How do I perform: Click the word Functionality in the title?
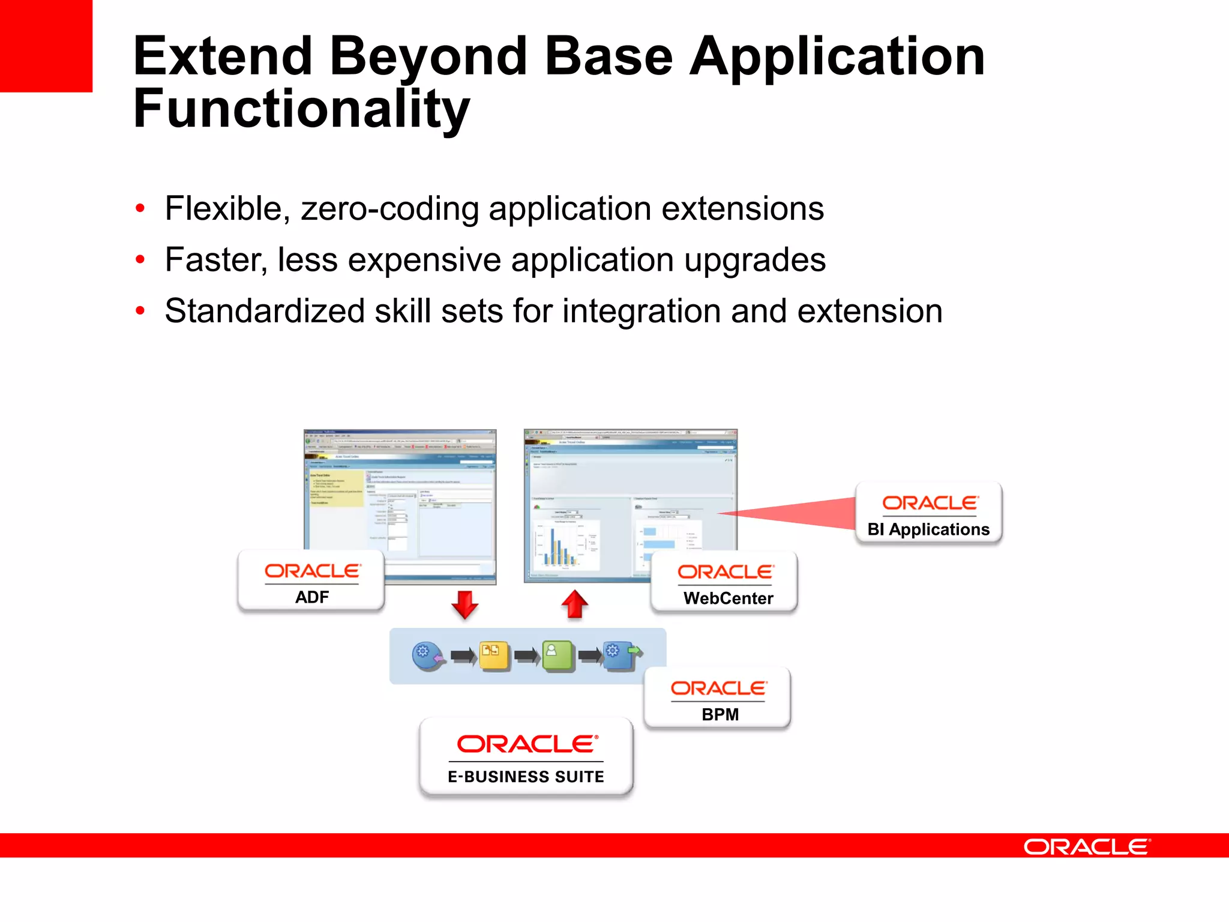[301, 109]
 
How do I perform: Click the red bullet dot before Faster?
[140, 260]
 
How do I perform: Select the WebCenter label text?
[728, 598]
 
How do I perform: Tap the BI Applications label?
[928, 529]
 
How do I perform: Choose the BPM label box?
[718, 698]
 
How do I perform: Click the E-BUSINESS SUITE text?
[526, 776]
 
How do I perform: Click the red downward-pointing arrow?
[465, 604]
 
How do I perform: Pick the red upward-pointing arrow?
[574, 604]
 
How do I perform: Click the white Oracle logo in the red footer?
[1086, 846]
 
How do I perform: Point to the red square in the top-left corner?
[46, 46]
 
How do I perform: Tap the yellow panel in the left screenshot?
[336, 489]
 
